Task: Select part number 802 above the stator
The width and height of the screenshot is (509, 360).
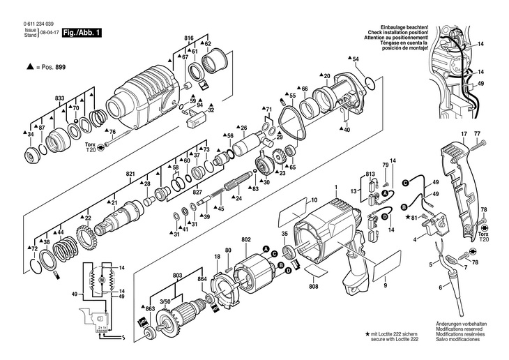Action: coord(245,240)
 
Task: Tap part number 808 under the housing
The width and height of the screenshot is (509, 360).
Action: coord(314,286)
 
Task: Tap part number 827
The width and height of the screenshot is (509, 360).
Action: coord(197,192)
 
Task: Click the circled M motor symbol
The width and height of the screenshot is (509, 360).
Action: coord(102,279)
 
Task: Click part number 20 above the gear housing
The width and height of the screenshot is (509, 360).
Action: coord(326,75)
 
